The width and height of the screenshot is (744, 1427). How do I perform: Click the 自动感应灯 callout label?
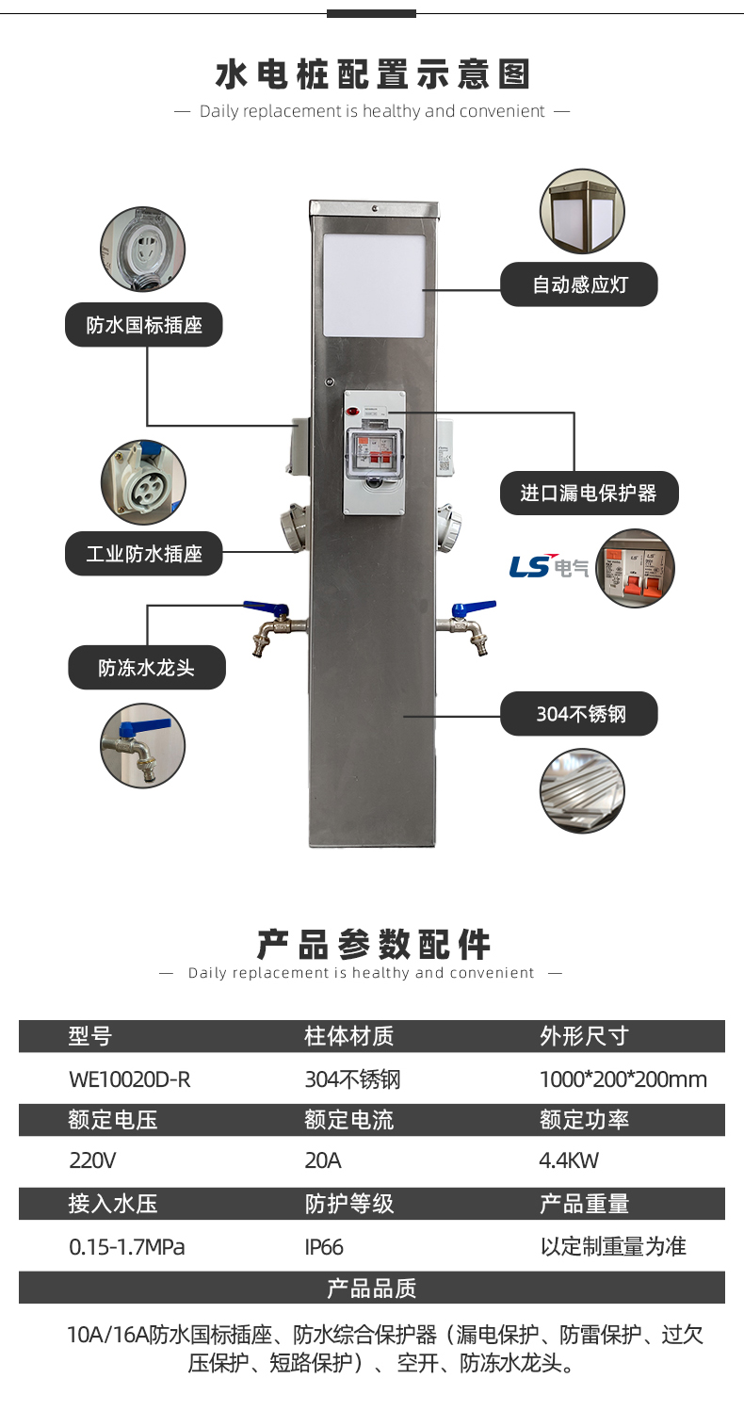click(x=578, y=284)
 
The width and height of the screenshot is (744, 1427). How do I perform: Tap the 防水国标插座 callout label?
click(x=144, y=325)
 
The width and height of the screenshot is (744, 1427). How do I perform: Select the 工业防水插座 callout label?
click(x=144, y=553)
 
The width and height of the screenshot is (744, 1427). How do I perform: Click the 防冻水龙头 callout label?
click(x=147, y=668)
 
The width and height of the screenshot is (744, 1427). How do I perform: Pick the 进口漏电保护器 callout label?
click(x=589, y=493)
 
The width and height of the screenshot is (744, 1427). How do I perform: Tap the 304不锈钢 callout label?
click(x=579, y=714)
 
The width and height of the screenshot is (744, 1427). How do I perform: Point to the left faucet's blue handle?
click(x=260, y=608)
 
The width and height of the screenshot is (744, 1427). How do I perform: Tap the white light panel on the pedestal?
click(x=374, y=285)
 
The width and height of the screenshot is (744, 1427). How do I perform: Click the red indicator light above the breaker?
click(x=352, y=412)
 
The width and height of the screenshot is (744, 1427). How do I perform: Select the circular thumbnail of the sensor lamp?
click(x=582, y=212)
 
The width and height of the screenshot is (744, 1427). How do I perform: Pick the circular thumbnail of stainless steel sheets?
click(x=582, y=791)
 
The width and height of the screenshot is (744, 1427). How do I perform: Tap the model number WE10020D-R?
click(x=130, y=1079)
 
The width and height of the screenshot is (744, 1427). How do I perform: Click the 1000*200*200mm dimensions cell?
click(x=623, y=1079)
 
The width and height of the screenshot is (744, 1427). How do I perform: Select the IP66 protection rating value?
click(x=324, y=1247)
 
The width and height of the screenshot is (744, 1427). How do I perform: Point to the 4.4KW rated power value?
click(x=569, y=1159)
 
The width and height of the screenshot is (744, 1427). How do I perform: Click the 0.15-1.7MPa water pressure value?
click(x=127, y=1247)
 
